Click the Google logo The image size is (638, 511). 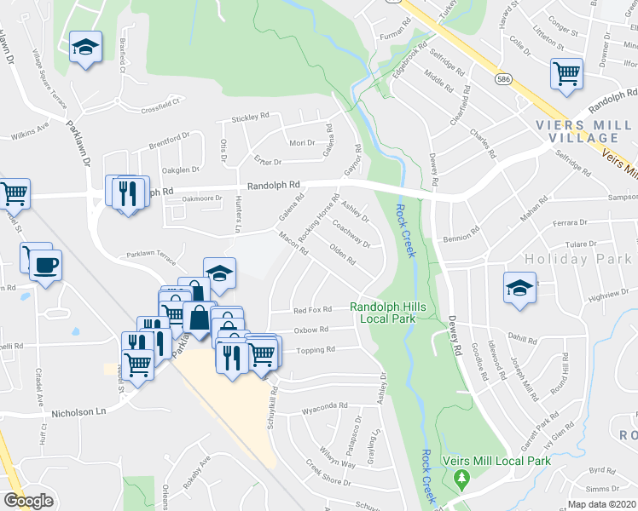[x=28, y=501]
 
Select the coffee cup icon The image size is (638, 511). [x=44, y=265]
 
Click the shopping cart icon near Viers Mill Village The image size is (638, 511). [x=566, y=73]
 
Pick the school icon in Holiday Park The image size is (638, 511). [x=519, y=287]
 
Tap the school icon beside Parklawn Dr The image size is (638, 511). [x=85, y=48]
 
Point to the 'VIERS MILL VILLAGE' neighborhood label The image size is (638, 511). [x=583, y=131]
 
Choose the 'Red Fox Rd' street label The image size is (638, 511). [x=311, y=311]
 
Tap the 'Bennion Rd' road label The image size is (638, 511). [x=462, y=238]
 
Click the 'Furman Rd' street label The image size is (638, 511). [x=396, y=37]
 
